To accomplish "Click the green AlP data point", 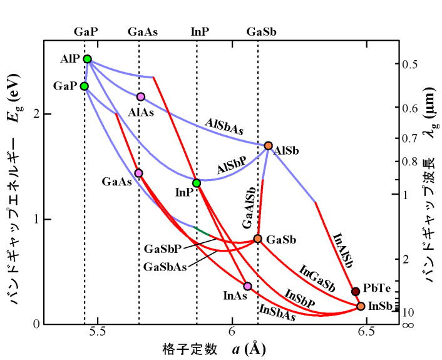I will coord(87,59).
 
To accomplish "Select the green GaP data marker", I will coord(85,86).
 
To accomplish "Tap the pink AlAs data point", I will coord(141,96).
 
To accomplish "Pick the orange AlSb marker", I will coord(269,146).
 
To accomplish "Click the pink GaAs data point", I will coord(138,173).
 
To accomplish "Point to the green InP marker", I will coord(197,183).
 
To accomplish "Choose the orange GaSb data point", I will coord(257,239).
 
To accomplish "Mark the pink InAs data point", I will coord(248,286).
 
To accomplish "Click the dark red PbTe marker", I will coord(356,291).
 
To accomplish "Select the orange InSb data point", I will coord(361,306).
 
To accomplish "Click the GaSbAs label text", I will coord(165,266).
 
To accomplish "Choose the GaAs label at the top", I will coord(143,31).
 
